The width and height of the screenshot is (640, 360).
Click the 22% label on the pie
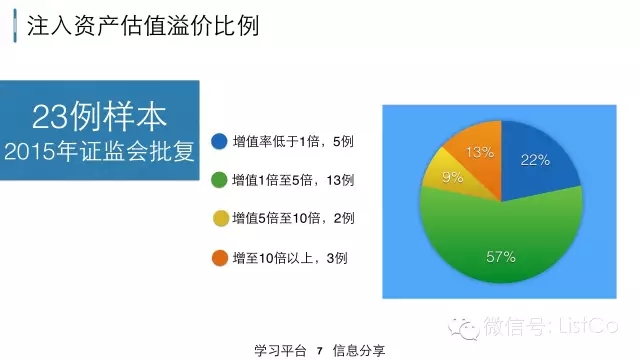tap(535, 160)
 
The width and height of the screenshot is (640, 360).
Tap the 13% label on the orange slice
tap(480, 152)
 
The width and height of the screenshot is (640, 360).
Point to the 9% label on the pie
tap(452, 177)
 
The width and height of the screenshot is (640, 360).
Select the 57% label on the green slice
tap(501, 257)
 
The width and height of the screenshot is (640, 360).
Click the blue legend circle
tap(219, 141)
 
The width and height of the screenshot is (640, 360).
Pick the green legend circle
tap(219, 180)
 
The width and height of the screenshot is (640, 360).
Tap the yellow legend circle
tap(220, 218)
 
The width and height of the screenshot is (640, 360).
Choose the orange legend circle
tap(220, 258)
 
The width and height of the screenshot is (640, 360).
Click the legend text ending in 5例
tap(293, 142)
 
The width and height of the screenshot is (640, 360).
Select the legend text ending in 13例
tap(293, 180)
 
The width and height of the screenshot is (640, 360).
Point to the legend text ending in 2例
tap(293, 218)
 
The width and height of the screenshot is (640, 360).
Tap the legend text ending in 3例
tap(290, 258)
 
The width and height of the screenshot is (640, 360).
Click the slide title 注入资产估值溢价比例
tap(143, 26)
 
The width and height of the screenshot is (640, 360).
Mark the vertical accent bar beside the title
tap(15, 26)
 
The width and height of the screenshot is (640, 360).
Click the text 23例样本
tap(99, 117)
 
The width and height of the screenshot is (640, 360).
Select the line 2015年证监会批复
tap(99, 151)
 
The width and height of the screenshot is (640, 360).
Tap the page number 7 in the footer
tap(320, 351)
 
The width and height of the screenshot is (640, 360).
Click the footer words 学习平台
tap(280, 351)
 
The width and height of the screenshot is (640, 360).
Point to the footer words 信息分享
tap(359, 351)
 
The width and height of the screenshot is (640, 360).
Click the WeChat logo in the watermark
tap(464, 327)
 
